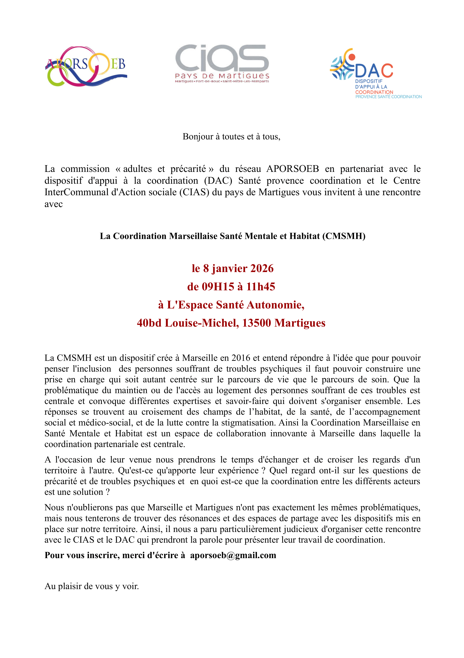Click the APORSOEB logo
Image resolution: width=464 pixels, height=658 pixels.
[x=86, y=66]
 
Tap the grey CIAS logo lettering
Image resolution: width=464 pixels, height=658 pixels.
[x=222, y=58]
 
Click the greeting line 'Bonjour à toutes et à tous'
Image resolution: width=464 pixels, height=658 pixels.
[x=231, y=137]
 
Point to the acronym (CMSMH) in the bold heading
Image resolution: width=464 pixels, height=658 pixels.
[x=344, y=236]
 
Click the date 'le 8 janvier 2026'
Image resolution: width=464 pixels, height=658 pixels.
[x=232, y=269]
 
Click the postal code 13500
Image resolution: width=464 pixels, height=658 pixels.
[x=257, y=323]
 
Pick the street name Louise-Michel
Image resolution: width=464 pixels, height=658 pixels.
[x=202, y=323]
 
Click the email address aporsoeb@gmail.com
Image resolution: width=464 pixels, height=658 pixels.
[x=233, y=555]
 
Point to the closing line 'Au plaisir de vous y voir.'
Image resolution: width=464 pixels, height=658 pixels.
[x=92, y=586]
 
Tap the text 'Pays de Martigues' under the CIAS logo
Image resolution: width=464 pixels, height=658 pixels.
[x=222, y=76]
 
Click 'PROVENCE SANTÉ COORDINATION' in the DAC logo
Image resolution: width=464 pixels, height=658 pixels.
[x=388, y=97]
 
